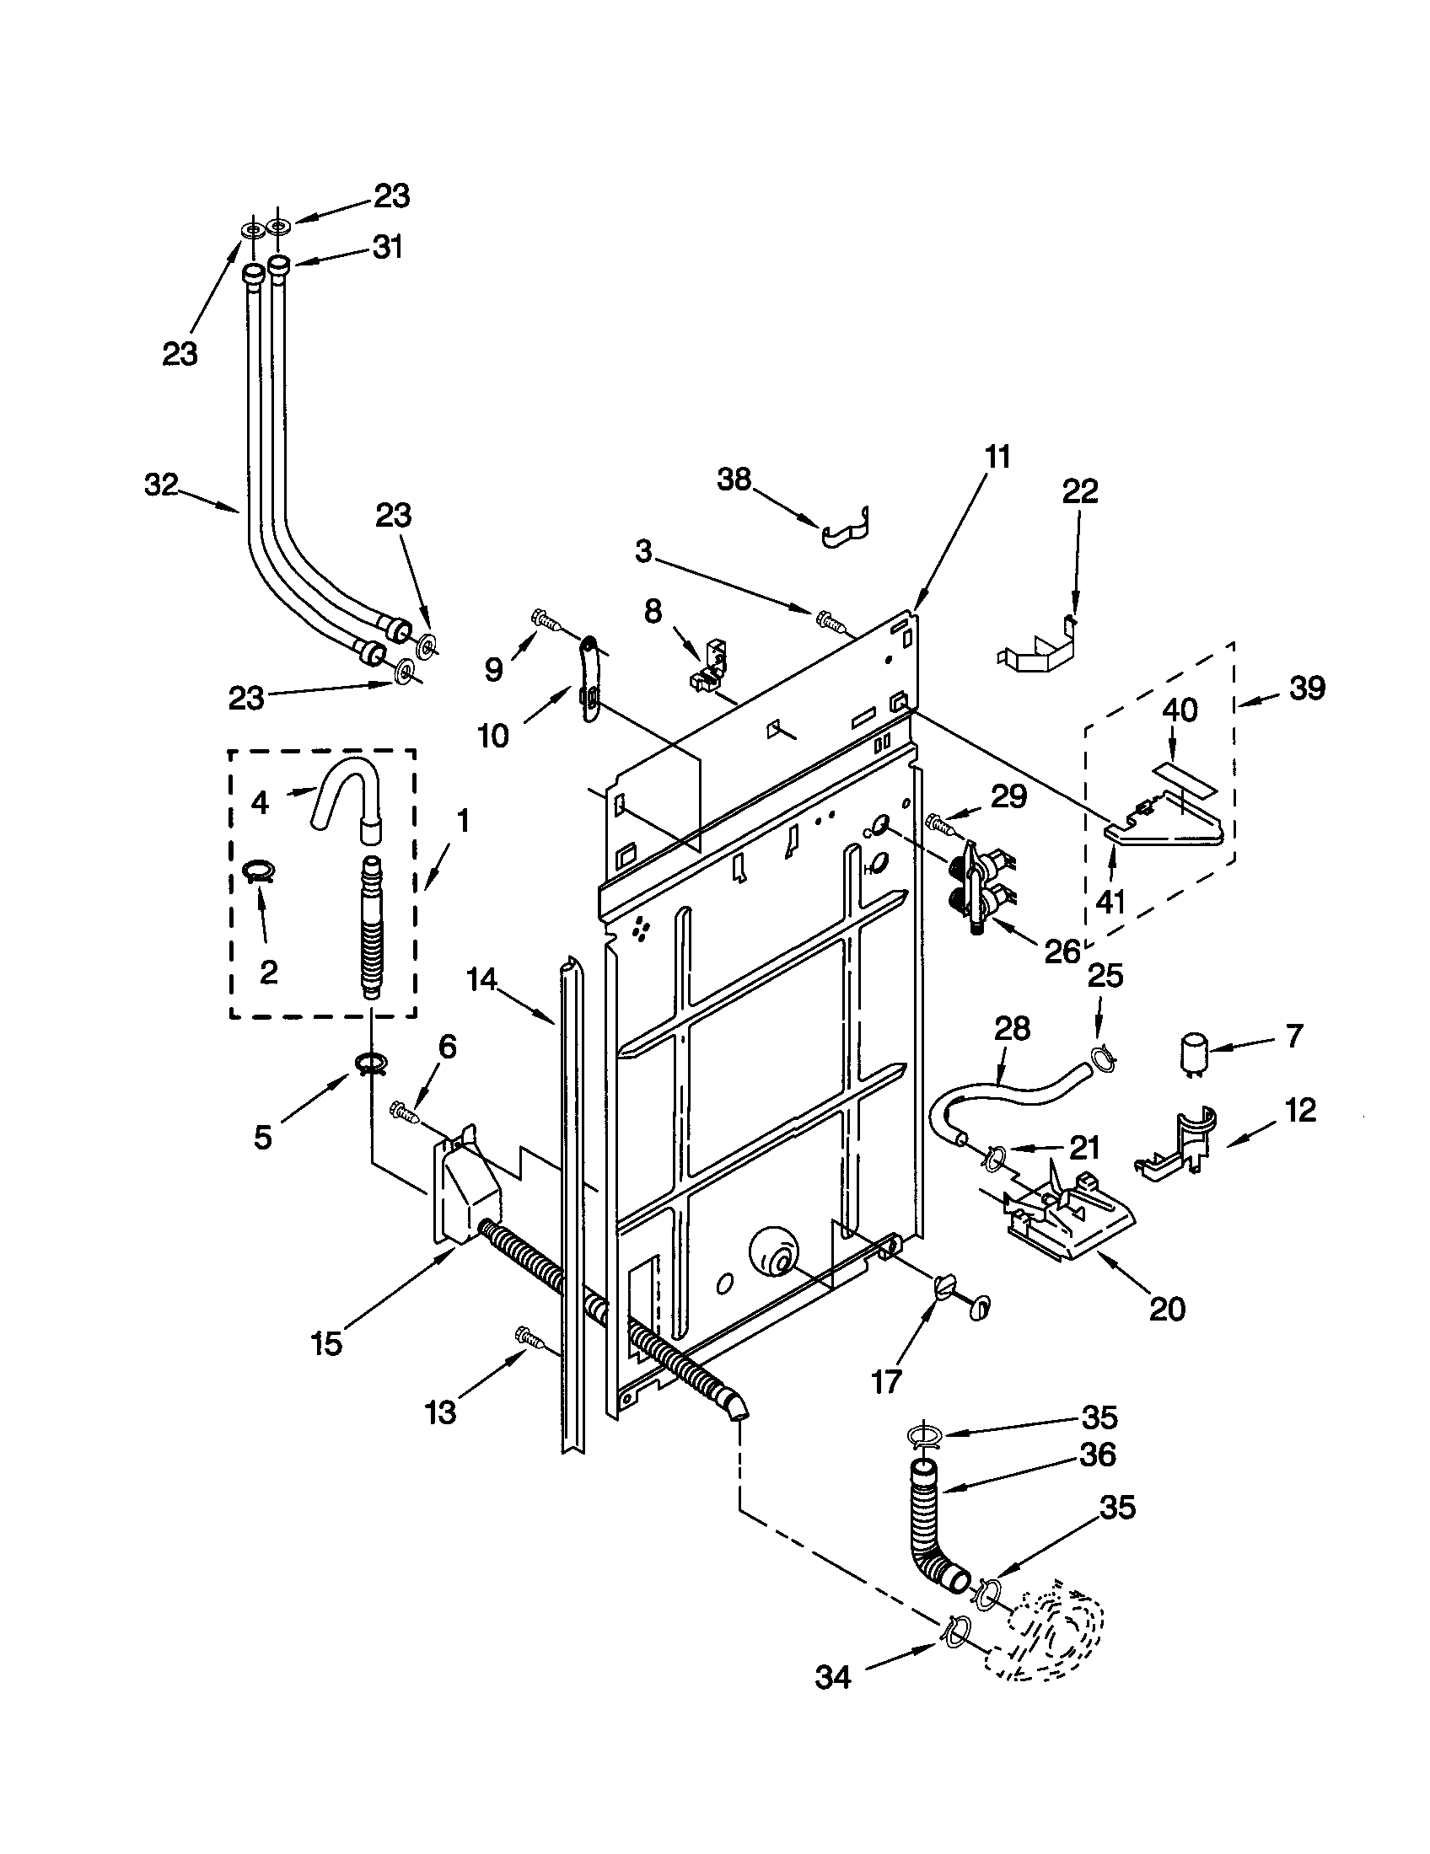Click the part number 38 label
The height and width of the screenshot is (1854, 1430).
click(x=734, y=480)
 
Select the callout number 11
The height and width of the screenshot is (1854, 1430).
click(x=997, y=457)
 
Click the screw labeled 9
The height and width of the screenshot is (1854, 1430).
click(x=544, y=621)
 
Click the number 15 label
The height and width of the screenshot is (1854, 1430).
click(x=326, y=1343)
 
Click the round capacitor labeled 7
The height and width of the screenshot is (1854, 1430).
click(x=1191, y=1050)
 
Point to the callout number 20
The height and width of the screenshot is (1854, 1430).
click(x=1166, y=1308)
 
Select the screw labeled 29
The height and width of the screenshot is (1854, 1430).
click(x=940, y=822)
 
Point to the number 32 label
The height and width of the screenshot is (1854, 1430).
click(x=160, y=485)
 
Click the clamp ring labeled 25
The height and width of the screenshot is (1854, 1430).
click(x=1101, y=1056)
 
